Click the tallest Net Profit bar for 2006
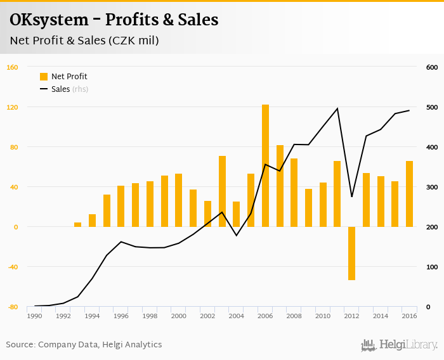click(x=265, y=165)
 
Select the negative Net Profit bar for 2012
click(x=351, y=253)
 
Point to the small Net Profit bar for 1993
click(x=78, y=224)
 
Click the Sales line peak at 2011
click(x=337, y=108)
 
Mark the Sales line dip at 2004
click(x=237, y=236)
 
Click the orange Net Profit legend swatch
click(x=44, y=77)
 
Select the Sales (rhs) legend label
click(x=70, y=89)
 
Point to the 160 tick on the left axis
click(x=12, y=67)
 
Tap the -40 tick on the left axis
click(x=12, y=267)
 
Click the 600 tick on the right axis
click(x=432, y=67)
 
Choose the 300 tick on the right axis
click(x=432, y=187)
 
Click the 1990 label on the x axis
click(x=34, y=316)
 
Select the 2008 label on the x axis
click(x=294, y=316)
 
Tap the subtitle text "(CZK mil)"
click(x=133, y=41)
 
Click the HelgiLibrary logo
click(x=399, y=345)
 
